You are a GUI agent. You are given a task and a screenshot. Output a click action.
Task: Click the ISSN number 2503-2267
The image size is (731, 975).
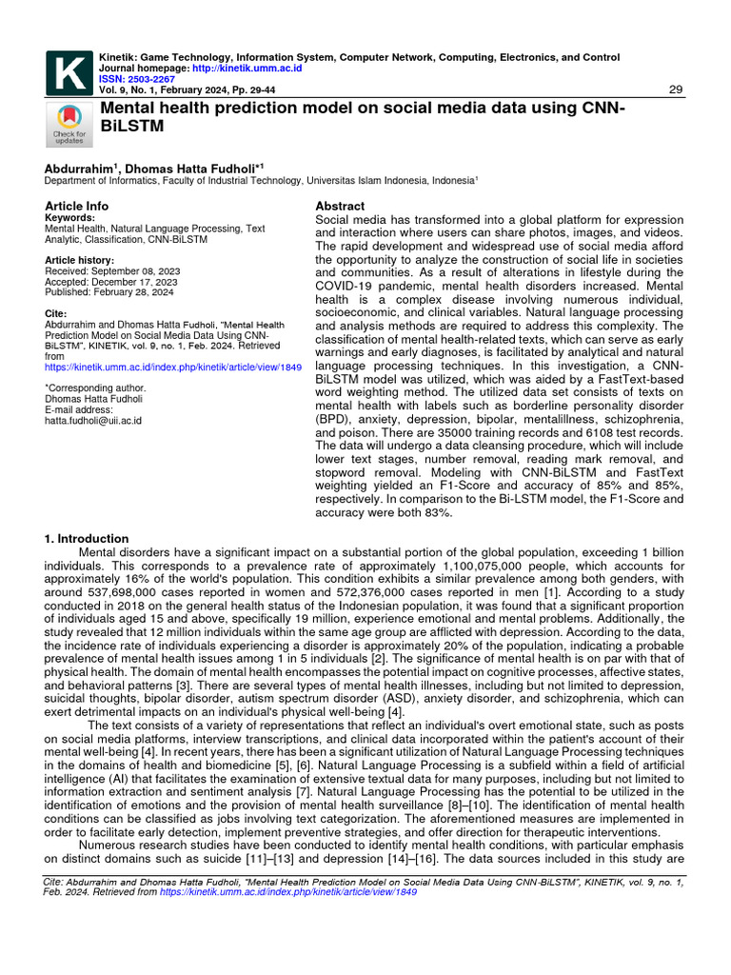(150, 79)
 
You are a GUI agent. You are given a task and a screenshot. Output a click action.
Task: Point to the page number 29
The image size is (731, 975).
(677, 90)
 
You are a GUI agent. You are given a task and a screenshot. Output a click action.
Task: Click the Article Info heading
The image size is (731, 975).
(77, 206)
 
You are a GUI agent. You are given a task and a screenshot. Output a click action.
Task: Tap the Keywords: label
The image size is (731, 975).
(70, 218)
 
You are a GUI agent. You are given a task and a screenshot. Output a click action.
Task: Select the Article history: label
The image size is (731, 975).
(80, 260)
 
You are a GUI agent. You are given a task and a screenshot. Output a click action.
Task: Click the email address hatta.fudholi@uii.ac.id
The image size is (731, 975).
(93, 420)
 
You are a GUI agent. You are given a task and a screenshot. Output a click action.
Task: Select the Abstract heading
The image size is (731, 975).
(340, 206)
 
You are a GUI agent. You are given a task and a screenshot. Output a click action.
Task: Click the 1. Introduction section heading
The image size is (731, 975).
(87, 538)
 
